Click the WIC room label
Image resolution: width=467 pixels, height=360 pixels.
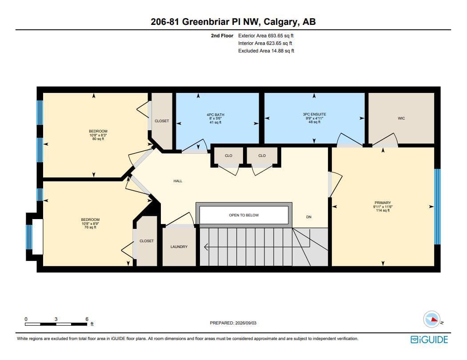pyautogui.click(x=401, y=118)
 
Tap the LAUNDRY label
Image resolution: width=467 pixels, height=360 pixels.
pyautogui.click(x=179, y=247)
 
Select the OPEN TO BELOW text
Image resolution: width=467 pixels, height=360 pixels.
pyautogui.click(x=244, y=215)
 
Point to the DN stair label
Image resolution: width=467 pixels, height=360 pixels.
pyautogui.click(x=309, y=217)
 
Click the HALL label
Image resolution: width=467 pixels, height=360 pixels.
pyautogui.click(x=178, y=181)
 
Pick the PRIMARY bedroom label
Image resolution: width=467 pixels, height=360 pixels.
pyautogui.click(x=383, y=203)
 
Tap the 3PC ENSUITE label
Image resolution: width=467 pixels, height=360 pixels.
pyautogui.click(x=315, y=114)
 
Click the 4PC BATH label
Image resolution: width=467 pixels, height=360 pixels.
pyautogui.click(x=216, y=115)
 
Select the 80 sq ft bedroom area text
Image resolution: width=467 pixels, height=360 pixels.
pyautogui.click(x=98, y=139)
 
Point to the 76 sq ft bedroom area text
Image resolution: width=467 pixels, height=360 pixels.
pyautogui.click(x=90, y=228)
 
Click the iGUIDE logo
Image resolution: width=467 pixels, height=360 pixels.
pyautogui.click(x=429, y=340)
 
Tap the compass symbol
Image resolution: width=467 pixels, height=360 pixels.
pyautogui.click(x=432, y=320)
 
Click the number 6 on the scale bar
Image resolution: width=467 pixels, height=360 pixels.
pyautogui.click(x=87, y=319)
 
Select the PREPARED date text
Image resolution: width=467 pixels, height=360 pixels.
pyautogui.click(x=233, y=323)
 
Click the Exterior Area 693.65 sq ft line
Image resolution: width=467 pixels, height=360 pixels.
pyautogui.click(x=266, y=36)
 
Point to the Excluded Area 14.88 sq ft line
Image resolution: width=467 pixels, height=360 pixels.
pyautogui.click(x=266, y=51)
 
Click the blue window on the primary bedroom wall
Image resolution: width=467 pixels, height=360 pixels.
pyautogui.click(x=437, y=207)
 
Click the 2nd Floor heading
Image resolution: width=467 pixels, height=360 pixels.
pyautogui.click(x=222, y=36)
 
